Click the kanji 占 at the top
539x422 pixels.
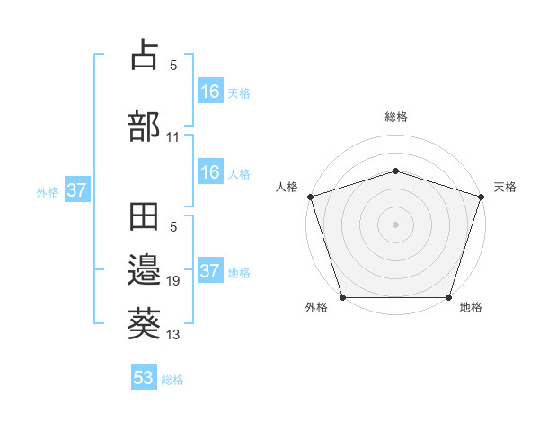(145, 54)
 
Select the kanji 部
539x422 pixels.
(145, 125)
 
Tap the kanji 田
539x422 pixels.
(145, 218)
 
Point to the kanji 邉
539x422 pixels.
(145, 269)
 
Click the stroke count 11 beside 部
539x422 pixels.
(172, 137)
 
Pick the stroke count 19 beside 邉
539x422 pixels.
(172, 281)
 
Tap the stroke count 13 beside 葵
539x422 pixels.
(172, 335)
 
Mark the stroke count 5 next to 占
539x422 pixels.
(172, 66)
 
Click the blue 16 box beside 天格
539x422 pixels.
(209, 91)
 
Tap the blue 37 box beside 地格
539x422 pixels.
(209, 270)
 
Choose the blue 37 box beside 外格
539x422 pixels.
(77, 190)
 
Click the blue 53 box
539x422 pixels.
(144, 378)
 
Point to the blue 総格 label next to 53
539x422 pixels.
(172, 380)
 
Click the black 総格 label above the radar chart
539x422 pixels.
(396, 117)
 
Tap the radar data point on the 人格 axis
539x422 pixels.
(310, 197)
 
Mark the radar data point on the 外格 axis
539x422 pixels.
(342, 297)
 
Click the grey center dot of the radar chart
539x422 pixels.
(395, 224)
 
